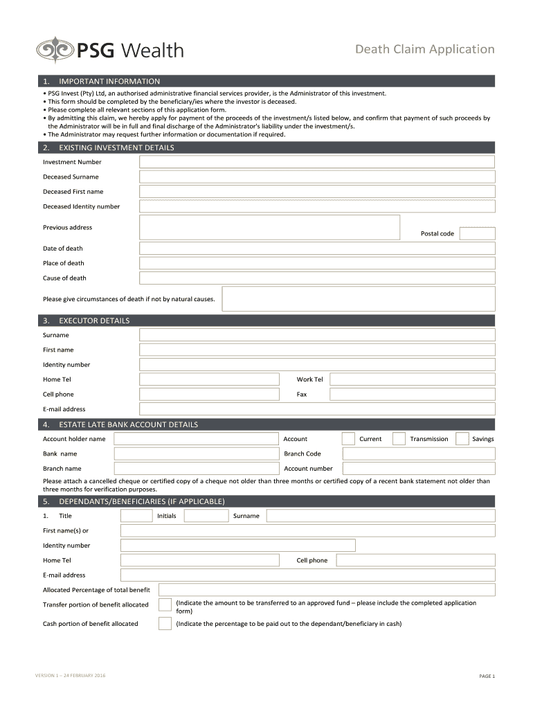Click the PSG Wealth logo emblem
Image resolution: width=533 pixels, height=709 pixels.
[x=55, y=50]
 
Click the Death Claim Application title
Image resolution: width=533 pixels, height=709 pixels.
[x=424, y=49]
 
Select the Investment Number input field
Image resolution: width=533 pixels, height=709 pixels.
[x=316, y=162]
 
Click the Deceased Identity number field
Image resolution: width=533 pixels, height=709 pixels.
[x=316, y=206]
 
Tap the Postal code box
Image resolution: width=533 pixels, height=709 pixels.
[x=477, y=233]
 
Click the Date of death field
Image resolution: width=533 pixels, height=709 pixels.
[x=316, y=249]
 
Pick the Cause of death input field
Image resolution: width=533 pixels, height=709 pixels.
[x=316, y=278]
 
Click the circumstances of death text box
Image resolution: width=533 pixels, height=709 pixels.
[x=358, y=299]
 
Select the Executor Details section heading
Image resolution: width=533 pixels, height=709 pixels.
[x=94, y=321]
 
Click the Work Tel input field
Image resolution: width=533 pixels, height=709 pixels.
[x=412, y=379]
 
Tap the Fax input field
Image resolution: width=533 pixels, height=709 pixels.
[x=412, y=395]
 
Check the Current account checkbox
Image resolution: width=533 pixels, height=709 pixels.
[x=348, y=439]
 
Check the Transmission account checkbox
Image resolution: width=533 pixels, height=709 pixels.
[x=399, y=439]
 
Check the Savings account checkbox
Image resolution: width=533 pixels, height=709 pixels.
[x=462, y=439]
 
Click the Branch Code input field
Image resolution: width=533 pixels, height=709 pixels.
[x=418, y=454]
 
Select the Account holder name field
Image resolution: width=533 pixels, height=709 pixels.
[x=195, y=439]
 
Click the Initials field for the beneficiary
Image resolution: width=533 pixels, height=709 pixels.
[x=206, y=516]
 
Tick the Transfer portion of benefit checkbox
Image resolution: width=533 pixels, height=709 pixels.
[x=165, y=605]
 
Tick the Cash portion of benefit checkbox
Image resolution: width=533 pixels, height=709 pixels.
[x=165, y=624]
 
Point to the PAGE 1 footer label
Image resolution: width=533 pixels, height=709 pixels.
[x=487, y=676]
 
